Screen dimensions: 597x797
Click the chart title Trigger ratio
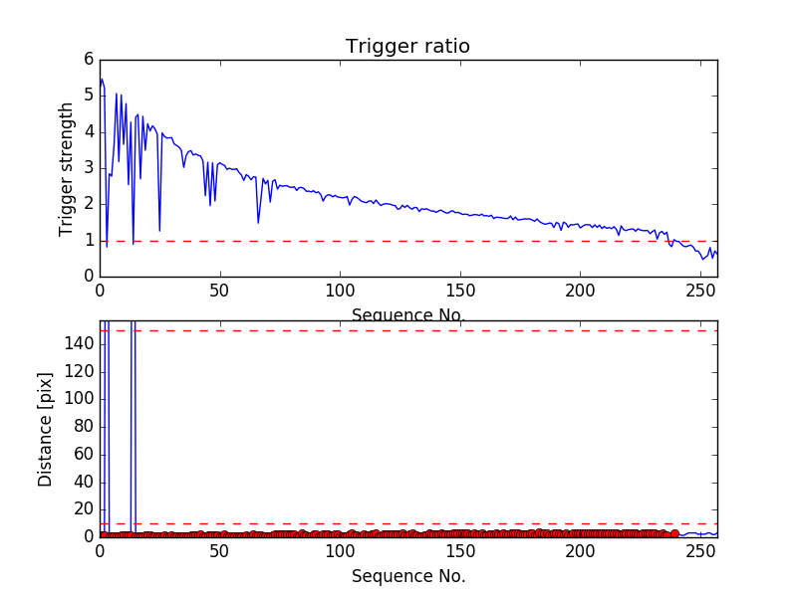407,47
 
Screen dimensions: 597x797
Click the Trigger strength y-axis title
67,168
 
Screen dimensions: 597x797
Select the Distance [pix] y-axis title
46,429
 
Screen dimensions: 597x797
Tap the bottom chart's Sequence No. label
408,576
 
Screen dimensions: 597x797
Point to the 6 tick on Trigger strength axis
89,59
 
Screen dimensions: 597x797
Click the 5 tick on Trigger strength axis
89,96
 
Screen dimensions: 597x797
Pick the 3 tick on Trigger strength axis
89,167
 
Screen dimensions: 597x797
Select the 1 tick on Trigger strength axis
89,240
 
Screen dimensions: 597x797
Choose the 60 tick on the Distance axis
84,454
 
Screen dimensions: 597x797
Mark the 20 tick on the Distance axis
84,508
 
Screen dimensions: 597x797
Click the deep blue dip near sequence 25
159,231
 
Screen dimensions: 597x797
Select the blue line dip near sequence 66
258,221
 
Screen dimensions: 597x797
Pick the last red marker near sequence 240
675,533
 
